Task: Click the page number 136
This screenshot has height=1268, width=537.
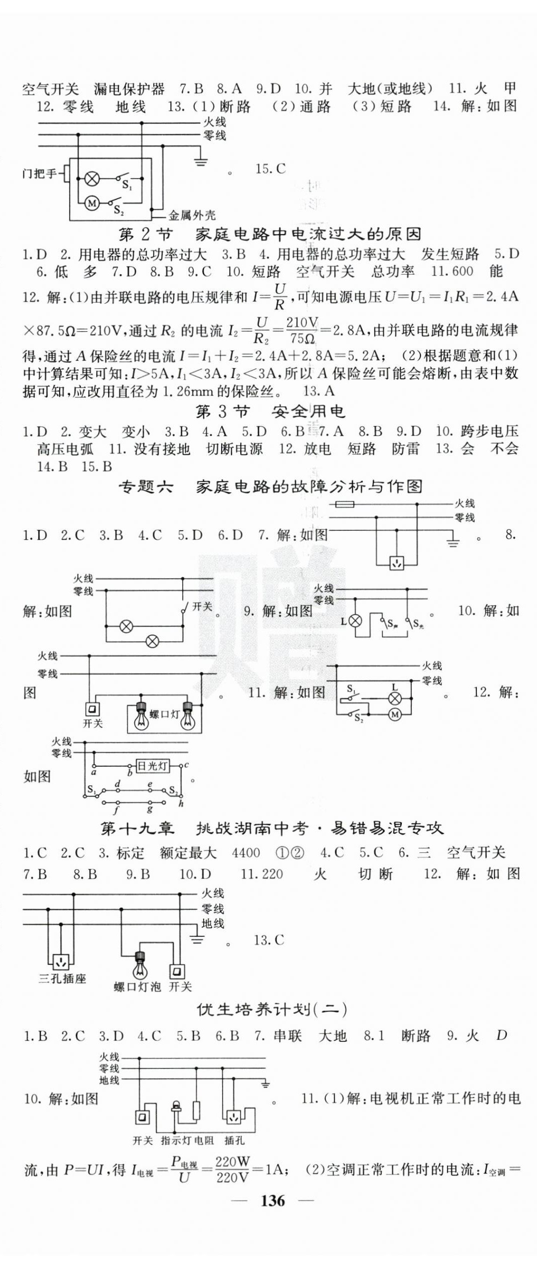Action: point(272,1200)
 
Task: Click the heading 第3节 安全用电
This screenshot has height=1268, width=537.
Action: point(270,412)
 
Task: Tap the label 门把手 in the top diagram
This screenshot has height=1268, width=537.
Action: point(40,174)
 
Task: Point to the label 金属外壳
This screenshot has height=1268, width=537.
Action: point(192,216)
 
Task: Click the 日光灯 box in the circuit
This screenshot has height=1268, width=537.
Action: point(153,766)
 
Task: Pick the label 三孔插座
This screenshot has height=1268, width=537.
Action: point(63,978)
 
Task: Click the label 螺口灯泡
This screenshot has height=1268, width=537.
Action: point(137,986)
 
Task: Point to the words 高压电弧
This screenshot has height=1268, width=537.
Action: point(65,449)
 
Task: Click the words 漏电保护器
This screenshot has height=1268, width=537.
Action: point(129,89)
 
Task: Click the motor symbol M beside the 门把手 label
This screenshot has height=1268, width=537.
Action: point(92,203)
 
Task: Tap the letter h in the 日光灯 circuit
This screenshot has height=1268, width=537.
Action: point(181,804)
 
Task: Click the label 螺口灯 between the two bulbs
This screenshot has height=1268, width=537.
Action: point(164,714)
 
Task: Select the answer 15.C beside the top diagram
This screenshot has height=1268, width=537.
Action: point(270,169)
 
